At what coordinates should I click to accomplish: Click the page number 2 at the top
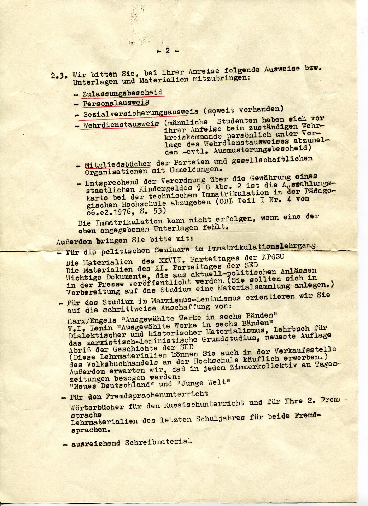pyautogui.click(x=168, y=51)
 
